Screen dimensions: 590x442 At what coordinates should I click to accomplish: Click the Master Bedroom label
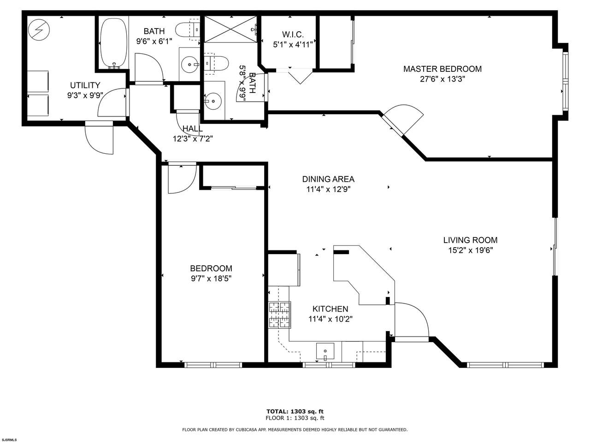[x=442, y=69]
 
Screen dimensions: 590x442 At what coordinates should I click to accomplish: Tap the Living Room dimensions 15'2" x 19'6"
[x=471, y=250]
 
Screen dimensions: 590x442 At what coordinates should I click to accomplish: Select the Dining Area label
[x=328, y=179]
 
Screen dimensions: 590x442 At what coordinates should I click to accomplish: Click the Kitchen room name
[x=330, y=309]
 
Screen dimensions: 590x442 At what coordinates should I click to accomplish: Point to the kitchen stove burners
[x=279, y=315]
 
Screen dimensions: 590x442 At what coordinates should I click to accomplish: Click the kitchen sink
[x=325, y=351]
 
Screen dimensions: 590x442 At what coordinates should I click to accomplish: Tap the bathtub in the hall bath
[x=113, y=43]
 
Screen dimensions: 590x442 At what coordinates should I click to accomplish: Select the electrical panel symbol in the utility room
[x=39, y=30]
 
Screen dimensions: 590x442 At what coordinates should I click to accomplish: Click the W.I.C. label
[x=293, y=35]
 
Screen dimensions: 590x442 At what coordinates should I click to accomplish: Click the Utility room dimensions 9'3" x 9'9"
[x=85, y=96]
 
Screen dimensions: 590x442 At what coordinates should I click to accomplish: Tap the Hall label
[x=193, y=128]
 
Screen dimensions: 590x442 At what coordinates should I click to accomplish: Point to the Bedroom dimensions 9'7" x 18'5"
[x=211, y=279]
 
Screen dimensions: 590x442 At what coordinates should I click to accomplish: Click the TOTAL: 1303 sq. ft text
[x=295, y=411]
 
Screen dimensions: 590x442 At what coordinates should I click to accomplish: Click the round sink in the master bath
[x=212, y=101]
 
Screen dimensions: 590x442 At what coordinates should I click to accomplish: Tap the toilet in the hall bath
[x=188, y=30]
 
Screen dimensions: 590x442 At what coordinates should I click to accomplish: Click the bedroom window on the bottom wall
[x=213, y=365]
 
